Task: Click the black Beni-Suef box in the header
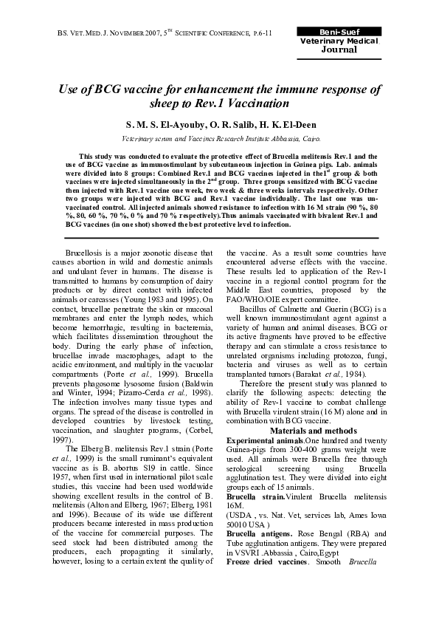(339, 33)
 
